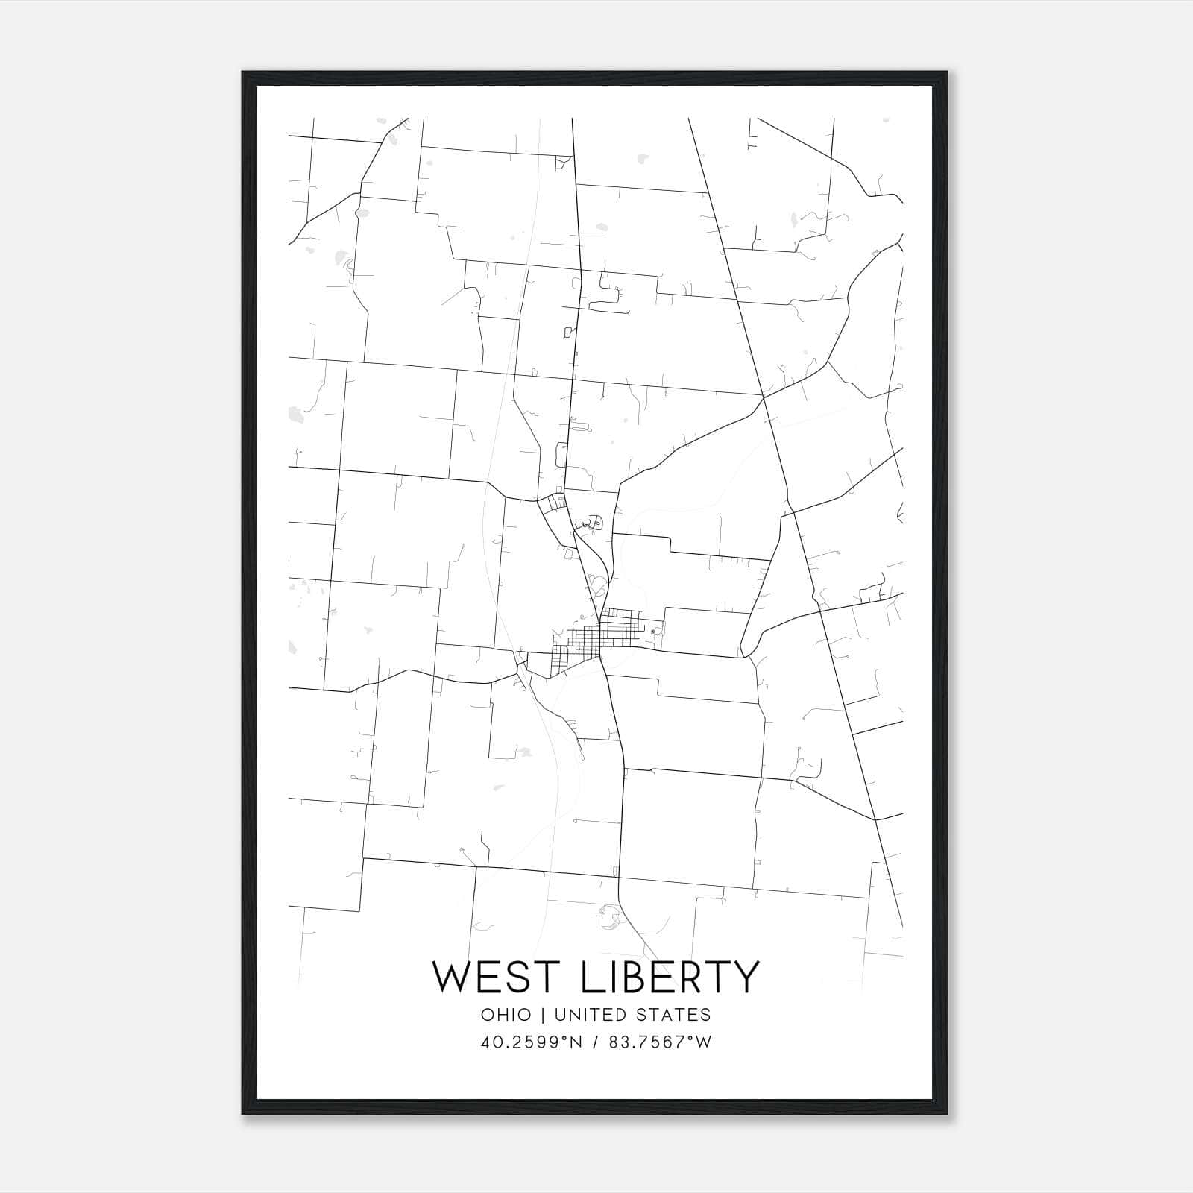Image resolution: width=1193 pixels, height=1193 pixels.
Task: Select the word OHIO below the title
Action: (x=506, y=1015)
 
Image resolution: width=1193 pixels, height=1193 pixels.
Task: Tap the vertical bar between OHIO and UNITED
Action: (x=543, y=1015)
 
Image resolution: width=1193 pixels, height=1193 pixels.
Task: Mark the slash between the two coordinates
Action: (x=595, y=1042)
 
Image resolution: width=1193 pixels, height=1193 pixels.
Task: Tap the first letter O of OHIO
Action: (x=487, y=1015)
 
